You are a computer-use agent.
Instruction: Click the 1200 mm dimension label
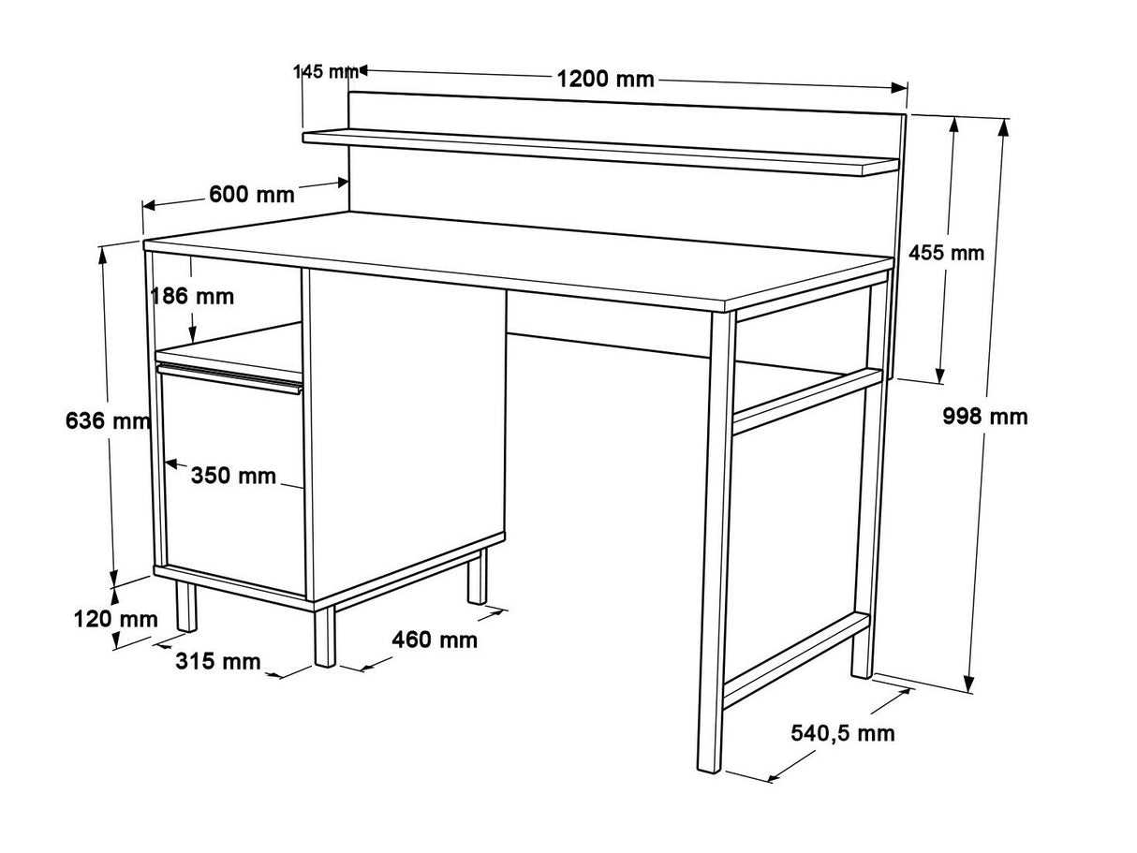coord(605,80)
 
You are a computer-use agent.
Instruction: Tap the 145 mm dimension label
coord(326,71)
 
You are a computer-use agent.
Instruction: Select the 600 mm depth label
coord(252,194)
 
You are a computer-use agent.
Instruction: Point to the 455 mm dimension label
coord(946,253)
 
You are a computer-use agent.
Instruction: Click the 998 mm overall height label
coord(984,417)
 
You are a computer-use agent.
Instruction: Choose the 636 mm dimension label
coord(108,420)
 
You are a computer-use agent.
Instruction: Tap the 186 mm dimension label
coord(192,296)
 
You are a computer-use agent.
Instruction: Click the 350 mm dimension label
coord(233,476)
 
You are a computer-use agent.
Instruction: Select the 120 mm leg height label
coord(115,619)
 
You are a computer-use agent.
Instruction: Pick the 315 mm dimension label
coord(218,661)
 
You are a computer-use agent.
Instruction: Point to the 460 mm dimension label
coord(434,640)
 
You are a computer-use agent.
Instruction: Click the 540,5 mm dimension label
coord(843,733)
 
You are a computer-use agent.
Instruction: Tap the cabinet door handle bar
coord(229,378)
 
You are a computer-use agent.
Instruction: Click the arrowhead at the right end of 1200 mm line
coord(899,87)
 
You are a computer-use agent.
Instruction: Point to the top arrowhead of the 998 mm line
coord(1003,128)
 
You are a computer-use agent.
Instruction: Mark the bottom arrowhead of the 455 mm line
coord(939,375)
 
